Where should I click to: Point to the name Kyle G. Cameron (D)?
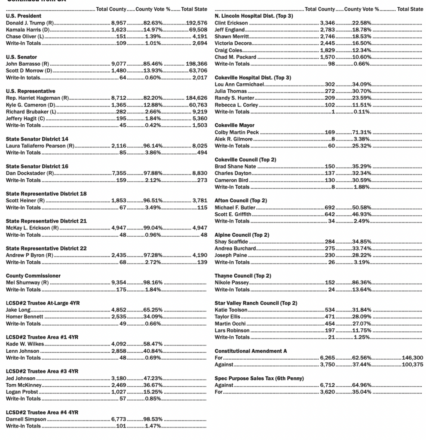click(x=31, y=105)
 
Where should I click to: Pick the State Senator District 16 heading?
click(x=37, y=166)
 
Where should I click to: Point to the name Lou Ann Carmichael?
click(x=239, y=84)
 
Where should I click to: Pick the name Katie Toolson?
click(x=231, y=310)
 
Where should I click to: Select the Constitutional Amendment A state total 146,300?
click(x=412, y=357)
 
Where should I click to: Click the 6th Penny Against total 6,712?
click(x=327, y=385)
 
